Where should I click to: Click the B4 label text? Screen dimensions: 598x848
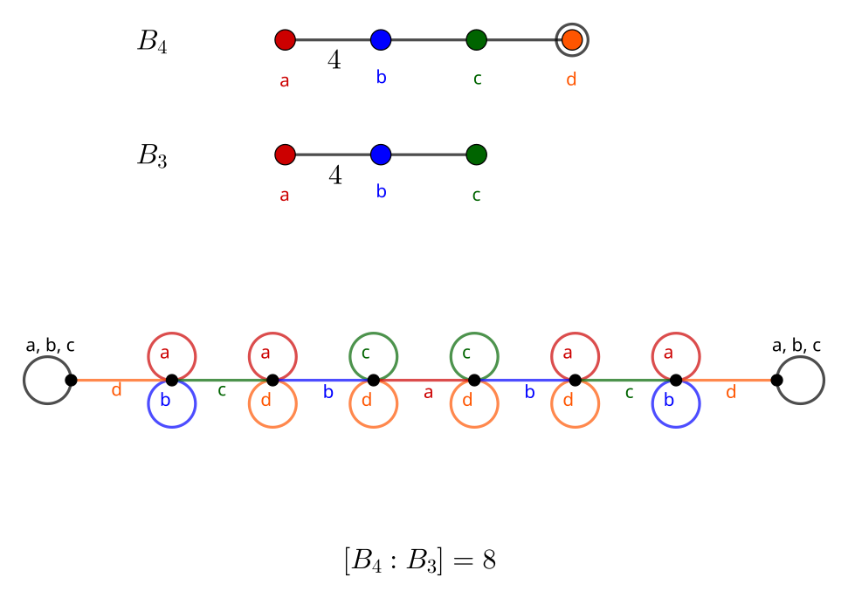point(152,42)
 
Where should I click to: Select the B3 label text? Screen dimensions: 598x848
point(152,157)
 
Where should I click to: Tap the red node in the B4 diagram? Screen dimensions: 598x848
point(285,39)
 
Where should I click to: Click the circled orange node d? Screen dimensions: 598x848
point(572,39)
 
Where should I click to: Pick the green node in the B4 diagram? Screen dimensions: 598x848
point(476,39)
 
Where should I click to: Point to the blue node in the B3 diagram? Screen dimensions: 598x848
point(380,155)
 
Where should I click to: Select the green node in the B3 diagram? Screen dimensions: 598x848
point(476,155)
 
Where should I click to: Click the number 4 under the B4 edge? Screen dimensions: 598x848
point(334,60)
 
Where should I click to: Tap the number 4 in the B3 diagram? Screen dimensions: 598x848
point(334,175)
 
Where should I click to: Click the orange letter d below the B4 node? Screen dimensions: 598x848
point(571,79)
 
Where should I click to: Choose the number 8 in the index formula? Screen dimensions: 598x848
point(488,560)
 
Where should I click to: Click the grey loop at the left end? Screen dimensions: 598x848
point(47,381)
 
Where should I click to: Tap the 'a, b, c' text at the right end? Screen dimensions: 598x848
point(796,346)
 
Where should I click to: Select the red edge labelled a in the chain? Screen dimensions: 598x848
point(424,380)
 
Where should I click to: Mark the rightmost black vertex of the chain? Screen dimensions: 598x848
point(776,380)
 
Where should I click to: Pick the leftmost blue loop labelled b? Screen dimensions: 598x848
point(172,404)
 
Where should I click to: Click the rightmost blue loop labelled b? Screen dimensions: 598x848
point(676,404)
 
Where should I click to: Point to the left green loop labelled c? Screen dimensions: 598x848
point(374,356)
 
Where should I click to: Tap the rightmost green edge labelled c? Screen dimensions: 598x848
point(625,380)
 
